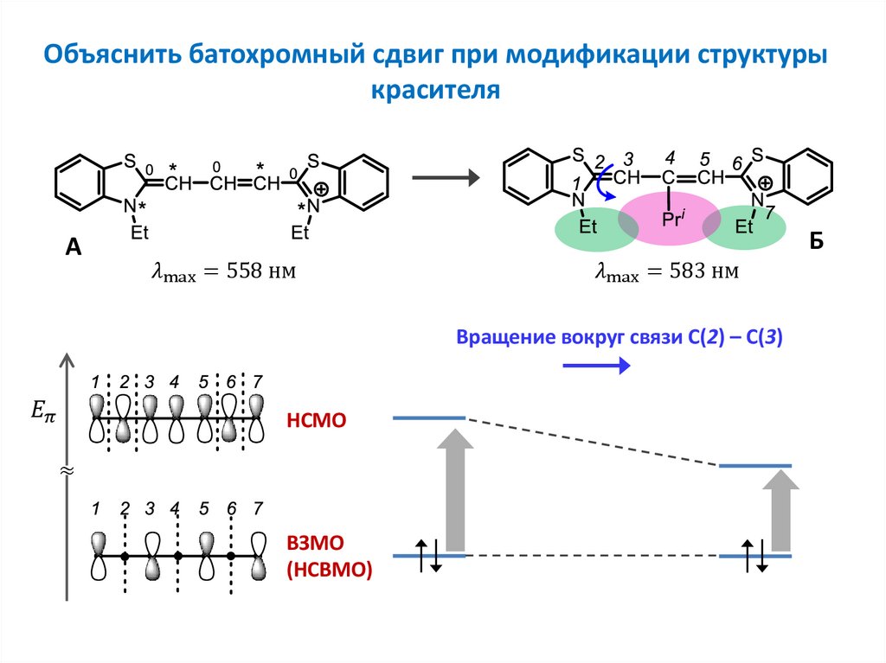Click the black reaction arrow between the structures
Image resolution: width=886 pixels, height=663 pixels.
click(444, 178)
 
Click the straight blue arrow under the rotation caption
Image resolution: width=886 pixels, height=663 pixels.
click(596, 366)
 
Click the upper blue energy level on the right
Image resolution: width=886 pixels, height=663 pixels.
click(755, 466)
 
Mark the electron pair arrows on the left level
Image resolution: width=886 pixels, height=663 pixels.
click(428, 556)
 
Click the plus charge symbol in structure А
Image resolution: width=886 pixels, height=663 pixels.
click(320, 189)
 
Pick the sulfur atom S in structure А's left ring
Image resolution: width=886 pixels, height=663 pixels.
click(130, 161)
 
